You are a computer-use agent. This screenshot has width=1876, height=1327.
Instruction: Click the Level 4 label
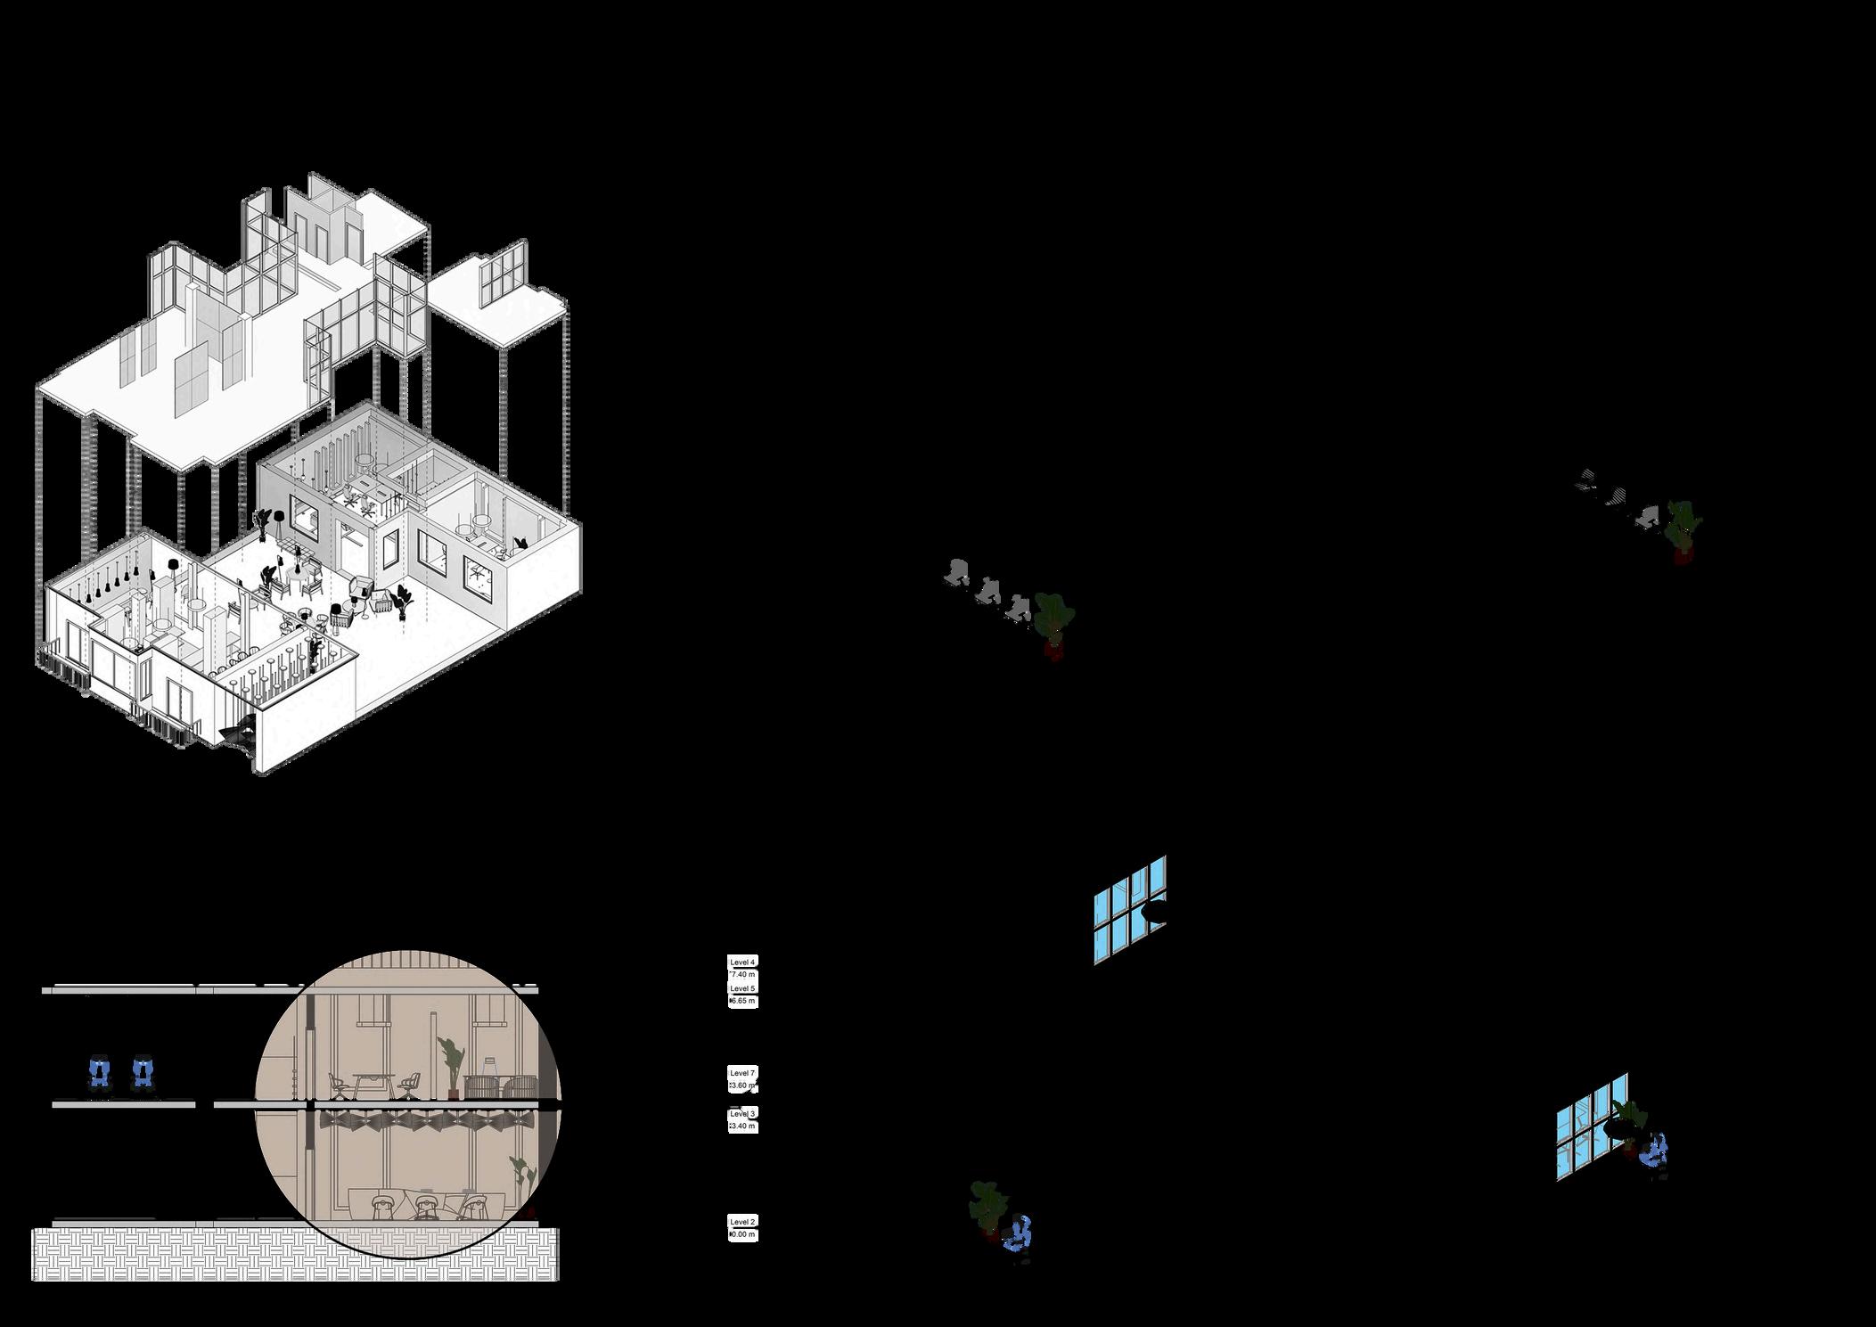742,962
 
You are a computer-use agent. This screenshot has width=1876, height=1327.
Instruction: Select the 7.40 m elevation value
742,974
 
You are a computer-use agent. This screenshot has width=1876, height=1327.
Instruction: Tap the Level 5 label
742,988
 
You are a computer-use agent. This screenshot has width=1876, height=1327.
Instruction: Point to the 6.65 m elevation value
742,1001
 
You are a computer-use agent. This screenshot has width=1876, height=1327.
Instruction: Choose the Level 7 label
742,1073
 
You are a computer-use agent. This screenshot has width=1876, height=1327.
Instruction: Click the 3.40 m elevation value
742,1126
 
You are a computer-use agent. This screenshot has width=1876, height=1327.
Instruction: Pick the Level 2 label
742,1222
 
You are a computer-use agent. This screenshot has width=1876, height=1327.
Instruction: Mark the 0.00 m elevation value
742,1234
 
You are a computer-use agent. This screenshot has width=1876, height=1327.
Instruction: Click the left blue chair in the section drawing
100,1073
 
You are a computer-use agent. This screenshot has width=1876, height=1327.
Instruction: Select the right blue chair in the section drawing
141,1073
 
